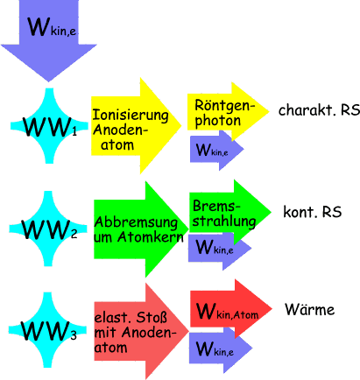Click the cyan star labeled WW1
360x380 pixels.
point(49,126)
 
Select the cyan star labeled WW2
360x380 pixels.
point(48,229)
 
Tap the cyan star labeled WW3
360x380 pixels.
point(47,330)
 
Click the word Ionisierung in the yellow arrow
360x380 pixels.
point(131,116)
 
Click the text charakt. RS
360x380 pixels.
point(319,110)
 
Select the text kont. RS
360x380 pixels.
point(313,212)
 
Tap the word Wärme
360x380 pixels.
point(310,309)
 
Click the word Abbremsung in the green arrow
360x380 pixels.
point(136,222)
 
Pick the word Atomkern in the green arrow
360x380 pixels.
point(151,236)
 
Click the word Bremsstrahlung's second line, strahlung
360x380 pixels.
point(224,222)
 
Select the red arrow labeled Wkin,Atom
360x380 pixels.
point(231,309)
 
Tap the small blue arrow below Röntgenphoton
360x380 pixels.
point(216,150)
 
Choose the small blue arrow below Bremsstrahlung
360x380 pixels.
point(220,248)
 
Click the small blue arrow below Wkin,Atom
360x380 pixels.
point(221,349)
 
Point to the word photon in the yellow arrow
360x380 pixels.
point(218,121)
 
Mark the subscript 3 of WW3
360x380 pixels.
point(74,335)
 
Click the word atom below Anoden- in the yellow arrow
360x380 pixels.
point(117,144)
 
